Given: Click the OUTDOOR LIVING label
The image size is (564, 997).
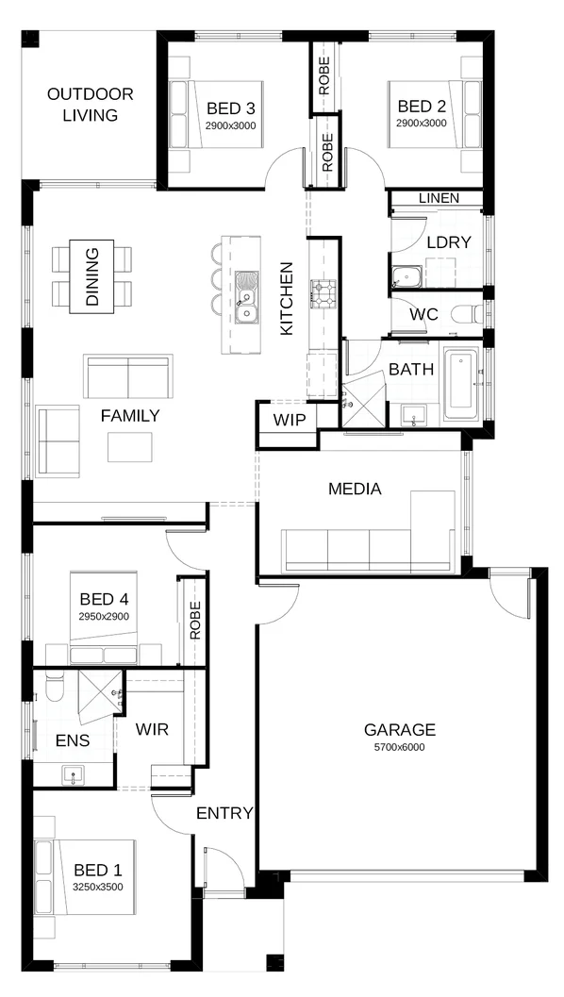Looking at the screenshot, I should click(91, 105).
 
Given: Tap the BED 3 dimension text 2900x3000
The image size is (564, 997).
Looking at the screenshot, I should click(232, 125).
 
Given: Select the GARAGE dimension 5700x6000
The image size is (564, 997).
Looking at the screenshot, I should click(400, 747).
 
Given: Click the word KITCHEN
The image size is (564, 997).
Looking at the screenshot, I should click(287, 299).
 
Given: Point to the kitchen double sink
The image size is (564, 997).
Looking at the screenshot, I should click(246, 296).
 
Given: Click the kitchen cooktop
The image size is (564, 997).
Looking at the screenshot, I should click(323, 293).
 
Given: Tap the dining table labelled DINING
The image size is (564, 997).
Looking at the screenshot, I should click(92, 277).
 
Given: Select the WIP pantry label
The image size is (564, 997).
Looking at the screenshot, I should click(290, 420).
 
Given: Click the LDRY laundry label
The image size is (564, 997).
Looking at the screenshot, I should click(448, 241).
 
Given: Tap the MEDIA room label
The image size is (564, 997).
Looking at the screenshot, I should click(355, 489).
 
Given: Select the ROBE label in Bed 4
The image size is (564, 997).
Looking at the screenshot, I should click(195, 621).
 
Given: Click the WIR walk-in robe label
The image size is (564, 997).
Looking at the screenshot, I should click(152, 729).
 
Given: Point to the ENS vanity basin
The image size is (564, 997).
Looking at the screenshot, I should click(74, 775).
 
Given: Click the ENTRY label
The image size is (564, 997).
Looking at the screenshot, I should click(224, 813).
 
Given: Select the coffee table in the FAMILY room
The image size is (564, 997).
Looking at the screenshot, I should click(130, 446).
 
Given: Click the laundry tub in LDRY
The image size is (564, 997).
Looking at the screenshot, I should click(406, 278).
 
